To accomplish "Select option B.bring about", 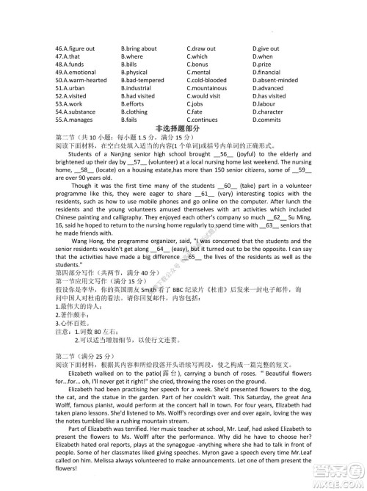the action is click(x=139, y=48).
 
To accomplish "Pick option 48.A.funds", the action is click(x=70, y=65).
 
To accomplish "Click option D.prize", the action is click(x=262, y=65).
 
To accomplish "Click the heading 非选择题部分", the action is click(x=183, y=128).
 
